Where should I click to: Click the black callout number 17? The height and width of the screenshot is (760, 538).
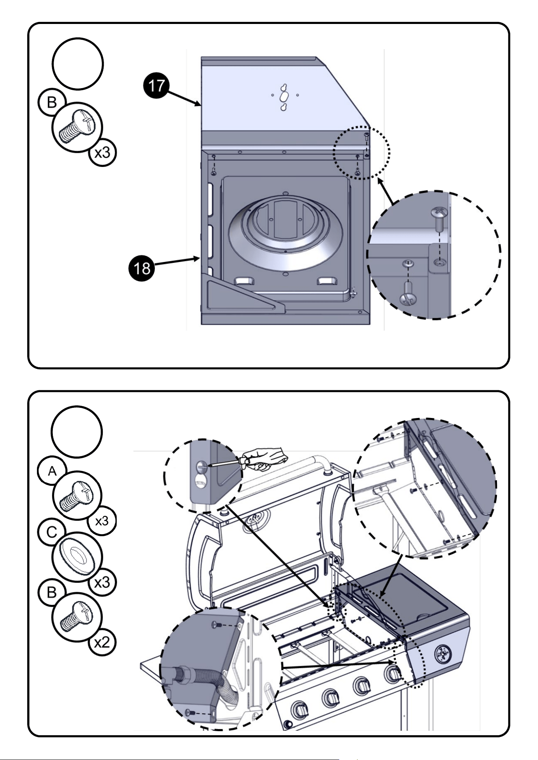[x=156, y=86]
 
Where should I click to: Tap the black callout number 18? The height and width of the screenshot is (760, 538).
[x=142, y=268]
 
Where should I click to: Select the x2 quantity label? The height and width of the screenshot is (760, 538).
[x=102, y=642]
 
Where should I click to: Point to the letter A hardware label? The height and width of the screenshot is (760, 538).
[x=52, y=471]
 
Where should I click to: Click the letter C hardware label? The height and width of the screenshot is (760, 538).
[x=52, y=532]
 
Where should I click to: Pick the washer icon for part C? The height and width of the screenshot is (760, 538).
[x=77, y=556]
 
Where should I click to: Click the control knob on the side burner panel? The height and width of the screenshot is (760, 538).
[x=443, y=654]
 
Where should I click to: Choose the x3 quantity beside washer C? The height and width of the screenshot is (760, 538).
[x=102, y=582]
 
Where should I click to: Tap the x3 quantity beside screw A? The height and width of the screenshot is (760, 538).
[x=102, y=521]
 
